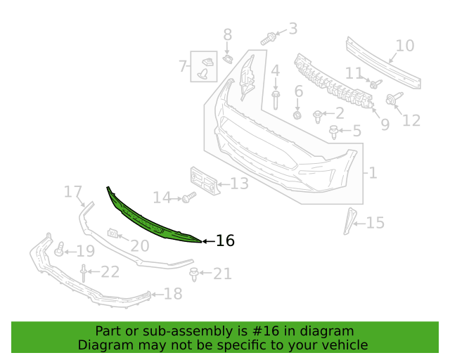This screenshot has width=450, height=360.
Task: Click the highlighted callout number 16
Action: click(x=225, y=240)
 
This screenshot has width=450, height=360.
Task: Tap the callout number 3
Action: click(x=293, y=29)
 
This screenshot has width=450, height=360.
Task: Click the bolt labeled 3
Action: click(x=268, y=39)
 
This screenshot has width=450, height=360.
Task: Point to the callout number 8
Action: click(x=228, y=34)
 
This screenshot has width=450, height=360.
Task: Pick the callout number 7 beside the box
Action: click(x=183, y=66)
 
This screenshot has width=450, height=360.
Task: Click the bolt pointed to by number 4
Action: click(x=276, y=100)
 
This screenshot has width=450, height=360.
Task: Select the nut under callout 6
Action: click(x=297, y=115)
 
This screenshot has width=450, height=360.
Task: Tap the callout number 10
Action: click(x=405, y=46)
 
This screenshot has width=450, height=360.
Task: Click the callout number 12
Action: click(x=411, y=120)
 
